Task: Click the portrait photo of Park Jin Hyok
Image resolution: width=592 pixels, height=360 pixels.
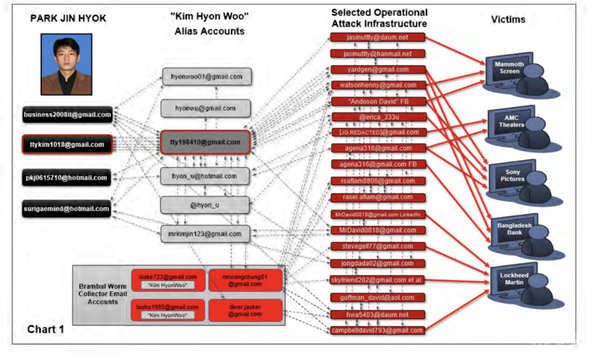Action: (66, 64)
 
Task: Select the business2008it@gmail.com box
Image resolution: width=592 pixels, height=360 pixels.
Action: (67, 115)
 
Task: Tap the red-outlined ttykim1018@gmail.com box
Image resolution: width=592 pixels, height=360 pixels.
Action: (67, 145)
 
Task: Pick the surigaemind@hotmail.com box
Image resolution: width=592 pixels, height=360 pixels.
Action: (67, 208)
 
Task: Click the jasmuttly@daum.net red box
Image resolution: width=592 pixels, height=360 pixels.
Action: (378, 37)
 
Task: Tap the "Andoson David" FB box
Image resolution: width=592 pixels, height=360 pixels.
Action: (378, 101)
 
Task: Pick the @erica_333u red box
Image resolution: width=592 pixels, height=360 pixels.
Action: (378, 117)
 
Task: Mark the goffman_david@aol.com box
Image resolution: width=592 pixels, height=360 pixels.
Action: (378, 298)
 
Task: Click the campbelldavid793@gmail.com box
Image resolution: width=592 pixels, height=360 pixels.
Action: (378, 330)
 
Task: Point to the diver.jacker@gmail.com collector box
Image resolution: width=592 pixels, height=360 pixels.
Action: (245, 310)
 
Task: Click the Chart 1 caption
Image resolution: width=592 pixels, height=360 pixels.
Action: (46, 329)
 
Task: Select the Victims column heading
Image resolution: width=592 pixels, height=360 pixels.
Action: (508, 19)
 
